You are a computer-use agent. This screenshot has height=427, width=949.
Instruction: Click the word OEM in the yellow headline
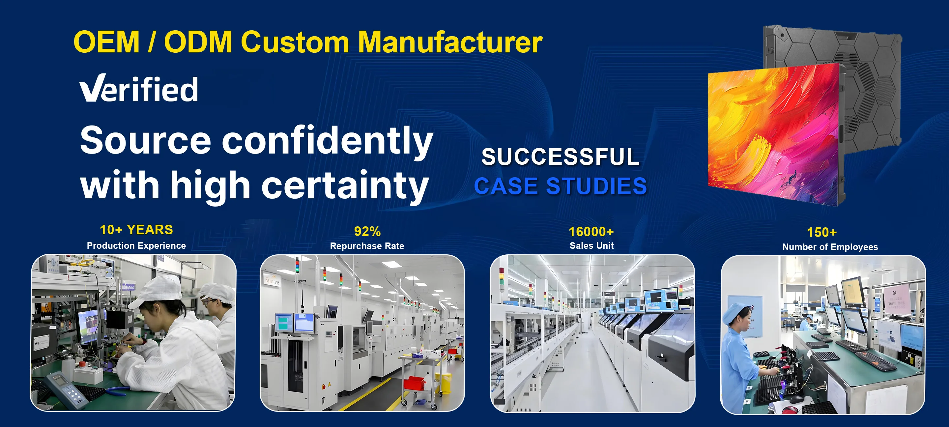pos(107,42)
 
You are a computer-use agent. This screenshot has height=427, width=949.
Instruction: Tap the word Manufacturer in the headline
pos(450,42)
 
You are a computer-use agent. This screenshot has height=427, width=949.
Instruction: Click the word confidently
pos(327,141)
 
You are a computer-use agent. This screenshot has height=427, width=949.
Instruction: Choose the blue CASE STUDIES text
pos(560,186)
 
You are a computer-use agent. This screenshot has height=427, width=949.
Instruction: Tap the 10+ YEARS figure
pos(136,230)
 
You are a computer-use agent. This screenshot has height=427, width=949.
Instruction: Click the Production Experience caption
pos(136,246)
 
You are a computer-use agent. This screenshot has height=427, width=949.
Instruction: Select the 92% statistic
pos(367,231)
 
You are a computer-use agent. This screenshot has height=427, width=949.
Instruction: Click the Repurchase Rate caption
pos(367,246)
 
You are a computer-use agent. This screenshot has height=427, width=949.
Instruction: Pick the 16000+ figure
pos(591,231)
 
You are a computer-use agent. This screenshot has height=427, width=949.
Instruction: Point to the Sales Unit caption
pos(592,246)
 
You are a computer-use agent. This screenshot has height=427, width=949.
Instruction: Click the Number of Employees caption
pos(830,247)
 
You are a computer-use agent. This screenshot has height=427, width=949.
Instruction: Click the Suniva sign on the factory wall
pos(272,281)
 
